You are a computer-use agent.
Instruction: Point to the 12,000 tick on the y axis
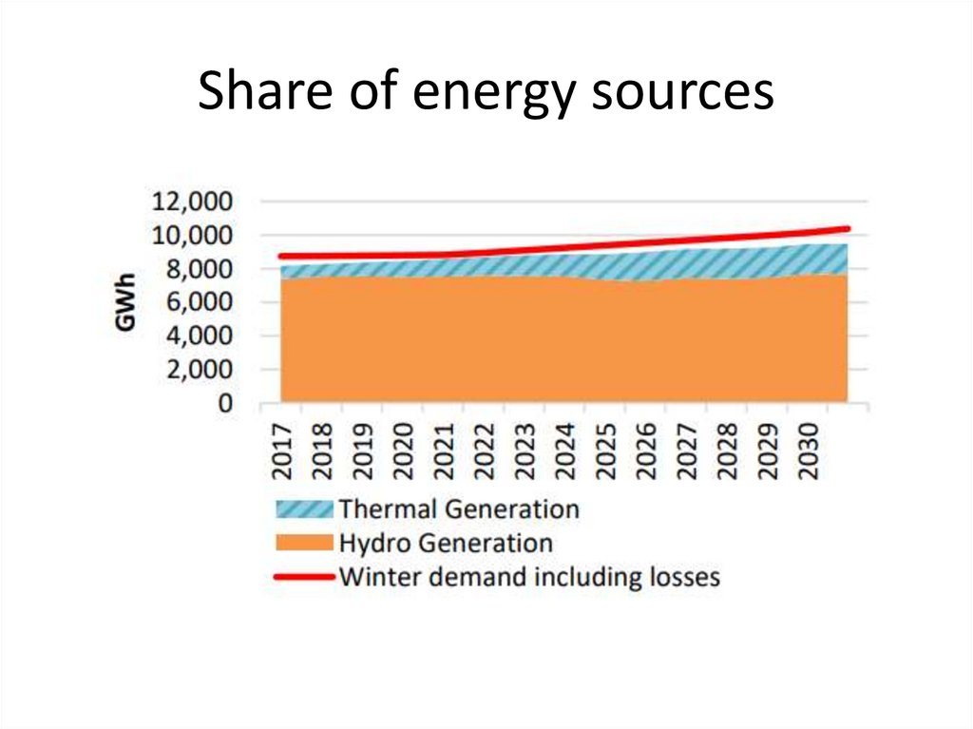coord(191,202)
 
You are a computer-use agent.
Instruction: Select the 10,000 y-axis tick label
coord(191,236)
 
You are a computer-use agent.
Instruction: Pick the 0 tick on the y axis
coord(225,404)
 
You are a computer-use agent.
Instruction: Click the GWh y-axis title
coord(125,302)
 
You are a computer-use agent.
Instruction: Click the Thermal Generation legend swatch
coord(304,508)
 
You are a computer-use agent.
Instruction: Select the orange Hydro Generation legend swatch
coord(304,544)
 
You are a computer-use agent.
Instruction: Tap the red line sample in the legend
coord(304,577)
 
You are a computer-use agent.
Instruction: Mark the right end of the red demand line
coord(847,229)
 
